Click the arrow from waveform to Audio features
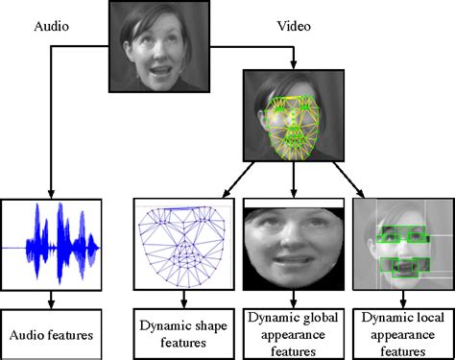50,300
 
